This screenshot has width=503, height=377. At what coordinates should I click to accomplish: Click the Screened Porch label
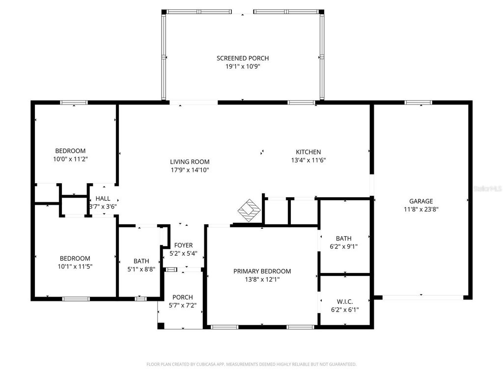[x=243, y=58]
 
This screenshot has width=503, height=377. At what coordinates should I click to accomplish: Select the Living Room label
[x=190, y=162]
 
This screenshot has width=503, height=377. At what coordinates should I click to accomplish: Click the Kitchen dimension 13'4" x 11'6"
[x=308, y=160]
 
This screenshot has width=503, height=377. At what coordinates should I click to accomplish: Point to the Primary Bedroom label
[x=262, y=271]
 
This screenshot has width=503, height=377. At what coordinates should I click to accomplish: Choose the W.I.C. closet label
[x=344, y=301]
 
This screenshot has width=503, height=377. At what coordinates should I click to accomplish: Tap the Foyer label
[x=184, y=245]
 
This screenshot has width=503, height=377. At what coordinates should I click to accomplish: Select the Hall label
[x=103, y=198]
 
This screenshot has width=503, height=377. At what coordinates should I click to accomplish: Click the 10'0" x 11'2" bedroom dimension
[x=70, y=159]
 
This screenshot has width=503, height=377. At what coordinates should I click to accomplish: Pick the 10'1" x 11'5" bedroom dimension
[x=75, y=267]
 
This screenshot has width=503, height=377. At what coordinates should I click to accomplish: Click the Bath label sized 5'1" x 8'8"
[x=141, y=261]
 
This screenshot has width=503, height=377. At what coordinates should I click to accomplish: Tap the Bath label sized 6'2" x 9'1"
[x=344, y=239]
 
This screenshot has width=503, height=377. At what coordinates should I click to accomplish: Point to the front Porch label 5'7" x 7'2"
[x=182, y=297]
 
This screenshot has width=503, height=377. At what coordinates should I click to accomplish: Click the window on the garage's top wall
[x=418, y=103]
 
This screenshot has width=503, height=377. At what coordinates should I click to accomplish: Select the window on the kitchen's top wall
[x=301, y=103]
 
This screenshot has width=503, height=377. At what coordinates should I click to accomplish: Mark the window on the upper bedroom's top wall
[x=74, y=103]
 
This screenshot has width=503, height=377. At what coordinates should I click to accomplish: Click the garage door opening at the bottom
[x=422, y=297]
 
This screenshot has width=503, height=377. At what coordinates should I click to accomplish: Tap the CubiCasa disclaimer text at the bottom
[x=251, y=364]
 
